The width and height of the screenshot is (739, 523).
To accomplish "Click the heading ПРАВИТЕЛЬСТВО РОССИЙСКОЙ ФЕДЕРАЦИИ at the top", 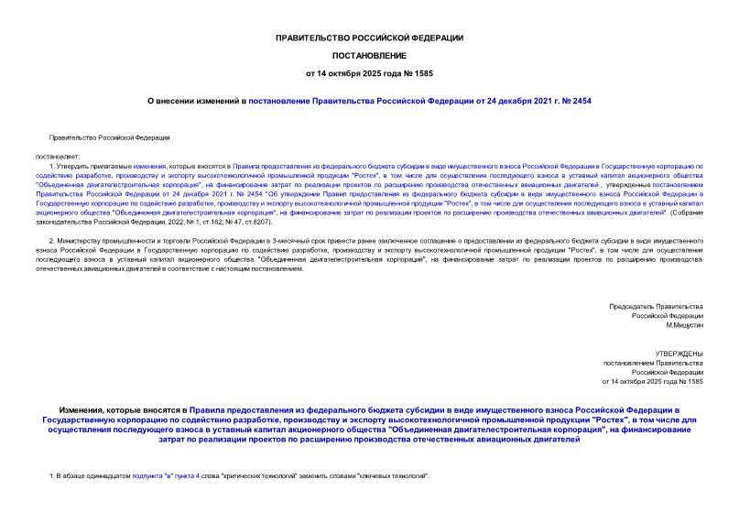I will [x=369, y=38].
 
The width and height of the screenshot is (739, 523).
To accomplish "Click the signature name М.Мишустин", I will [x=684, y=325].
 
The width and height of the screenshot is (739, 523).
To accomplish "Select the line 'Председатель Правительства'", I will [x=657, y=305].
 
